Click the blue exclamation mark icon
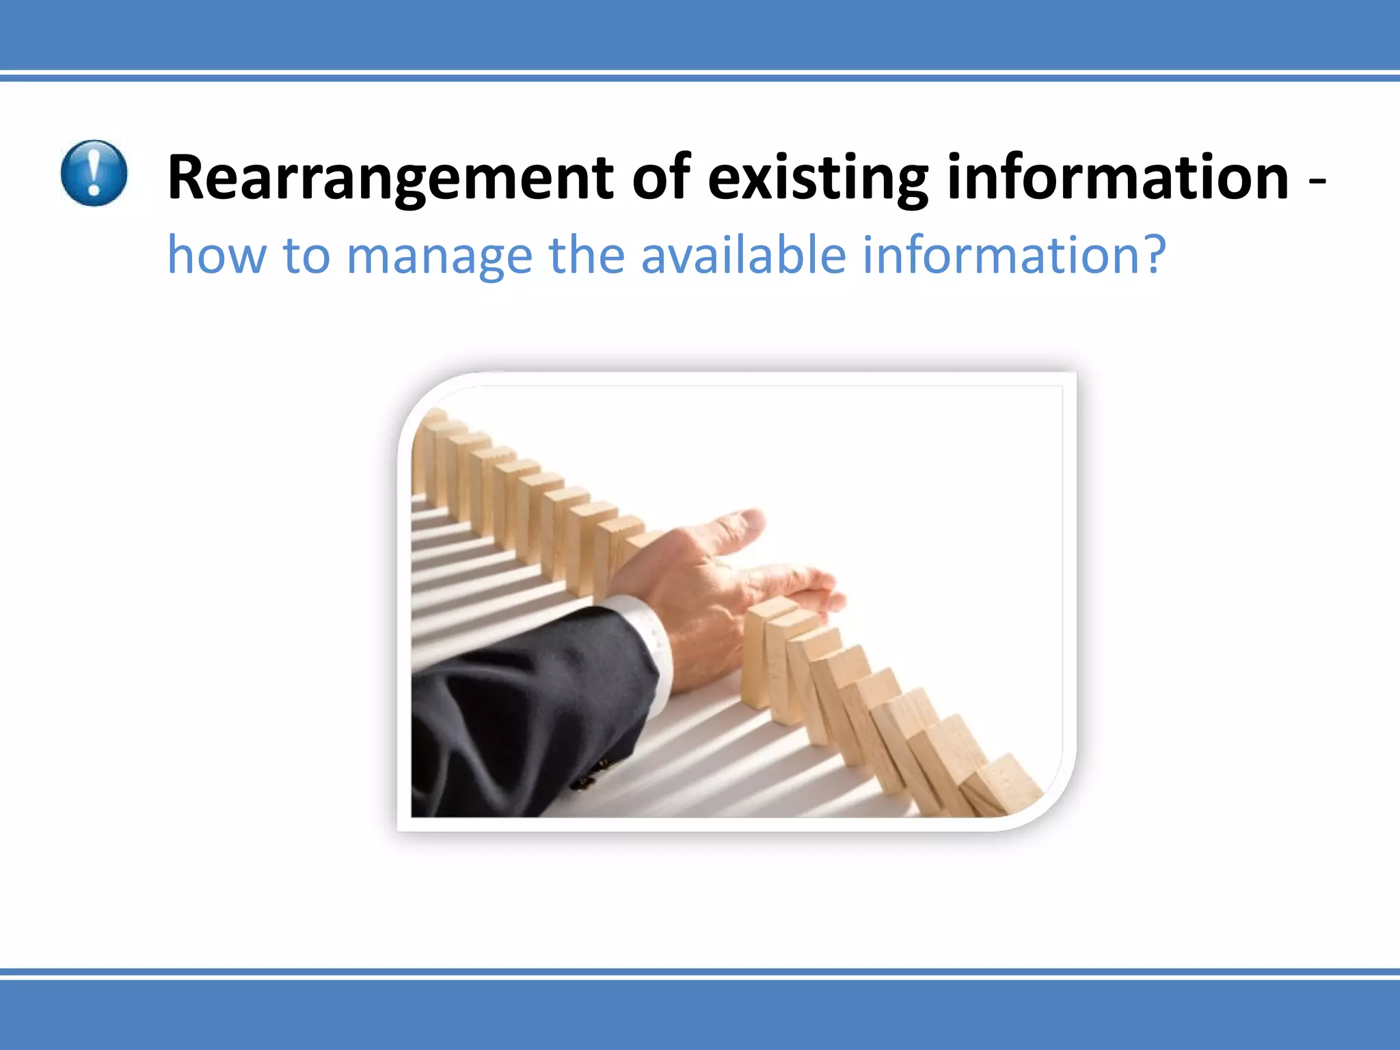point(94,173)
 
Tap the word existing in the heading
point(818,178)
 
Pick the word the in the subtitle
point(587,255)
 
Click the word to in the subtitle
point(306,255)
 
